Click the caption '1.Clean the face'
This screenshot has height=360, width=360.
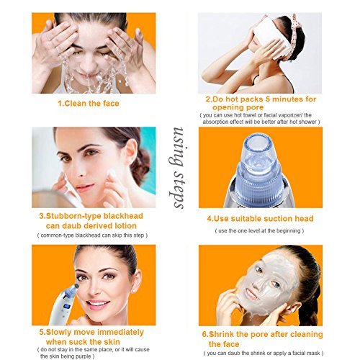click(x=89, y=104)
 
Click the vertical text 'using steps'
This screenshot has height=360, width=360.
click(x=178, y=168)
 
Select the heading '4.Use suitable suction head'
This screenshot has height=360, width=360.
click(x=260, y=219)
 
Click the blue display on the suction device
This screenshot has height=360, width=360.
click(x=67, y=306)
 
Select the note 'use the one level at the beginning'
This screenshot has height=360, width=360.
click(x=259, y=231)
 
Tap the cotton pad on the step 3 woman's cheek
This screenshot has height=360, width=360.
click(x=112, y=174)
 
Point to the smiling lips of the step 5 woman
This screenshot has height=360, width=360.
click(x=96, y=304)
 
